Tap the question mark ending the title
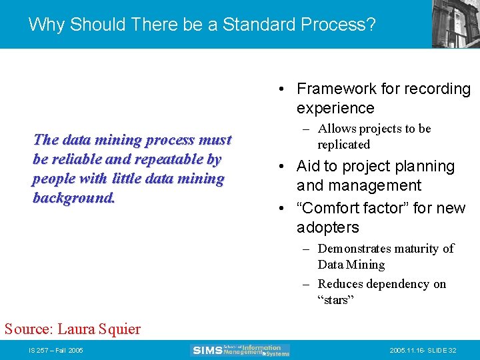point(371,25)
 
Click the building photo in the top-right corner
point(455,23)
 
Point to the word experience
point(335,108)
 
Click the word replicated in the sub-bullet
point(343,145)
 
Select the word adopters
point(327,227)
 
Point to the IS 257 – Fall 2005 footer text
point(55,351)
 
